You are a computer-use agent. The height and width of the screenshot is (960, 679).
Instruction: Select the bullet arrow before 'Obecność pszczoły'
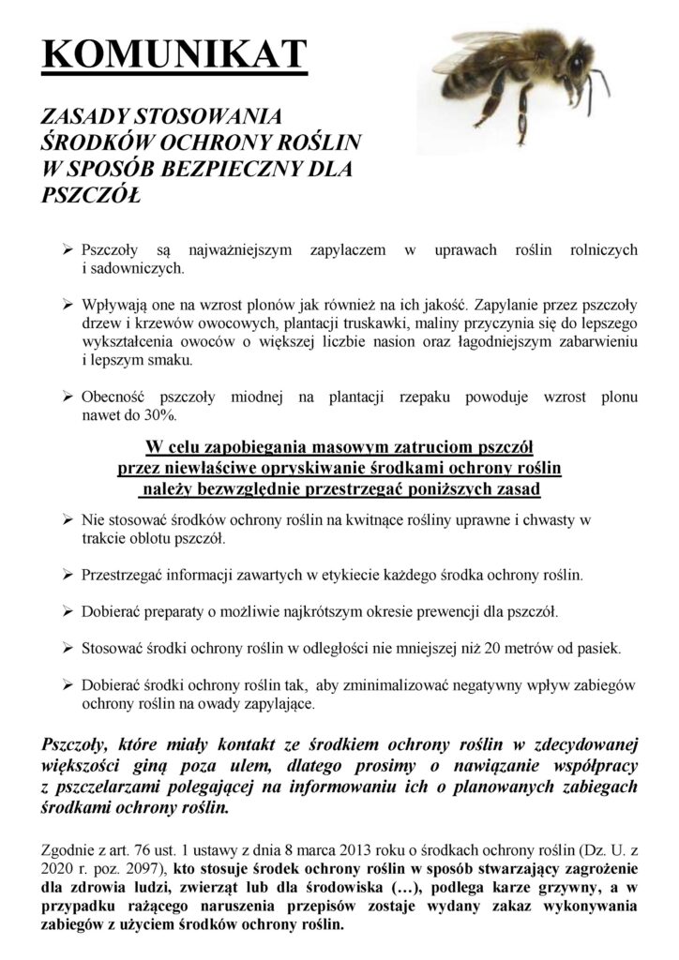(68, 397)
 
